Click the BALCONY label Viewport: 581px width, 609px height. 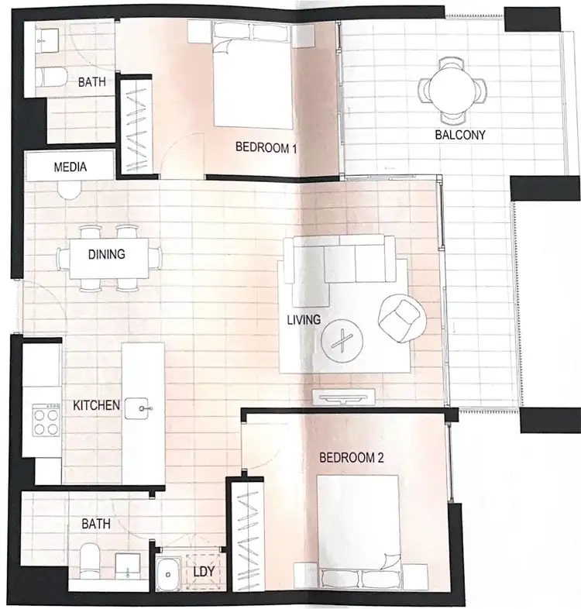[460, 135]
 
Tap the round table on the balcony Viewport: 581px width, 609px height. [453, 91]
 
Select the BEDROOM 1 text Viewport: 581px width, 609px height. [266, 148]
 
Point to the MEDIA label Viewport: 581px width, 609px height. [70, 167]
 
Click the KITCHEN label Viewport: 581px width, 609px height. [96, 405]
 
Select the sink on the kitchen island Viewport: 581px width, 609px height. [141, 404]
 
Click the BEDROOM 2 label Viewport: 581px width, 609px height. [352, 458]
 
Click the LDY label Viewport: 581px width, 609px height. [204, 573]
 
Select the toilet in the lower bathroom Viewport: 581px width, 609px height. [89, 559]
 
